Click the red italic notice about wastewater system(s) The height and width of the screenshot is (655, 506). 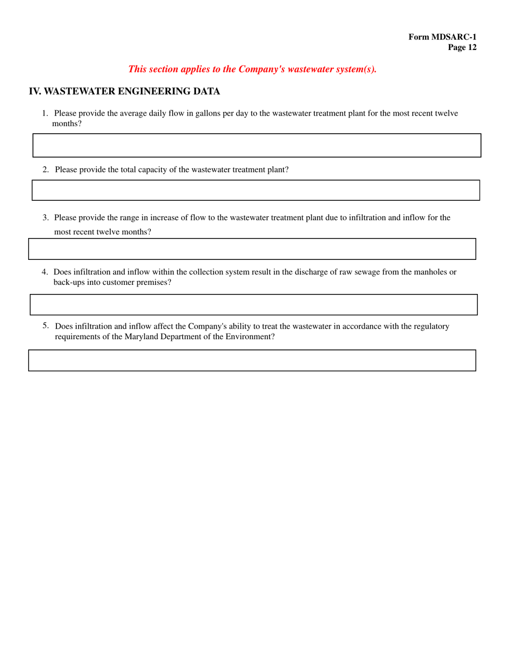tap(252, 69)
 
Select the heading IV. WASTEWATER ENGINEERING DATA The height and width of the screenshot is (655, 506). tap(124, 92)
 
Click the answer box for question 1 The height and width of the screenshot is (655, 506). tap(257, 145)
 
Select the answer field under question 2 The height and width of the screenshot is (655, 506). tap(256, 190)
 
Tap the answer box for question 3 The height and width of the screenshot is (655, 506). tap(252, 249)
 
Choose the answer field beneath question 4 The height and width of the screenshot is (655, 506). tap(254, 305)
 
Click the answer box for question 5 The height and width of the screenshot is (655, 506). tap(252, 361)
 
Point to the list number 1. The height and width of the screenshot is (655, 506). tap(45, 113)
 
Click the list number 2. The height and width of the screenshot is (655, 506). tap(46, 170)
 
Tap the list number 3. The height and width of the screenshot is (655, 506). tap(46, 218)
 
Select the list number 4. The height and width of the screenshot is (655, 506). tap(45, 272)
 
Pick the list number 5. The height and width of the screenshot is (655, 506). tap(46, 325)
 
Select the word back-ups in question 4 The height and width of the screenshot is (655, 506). tap(69, 282)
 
